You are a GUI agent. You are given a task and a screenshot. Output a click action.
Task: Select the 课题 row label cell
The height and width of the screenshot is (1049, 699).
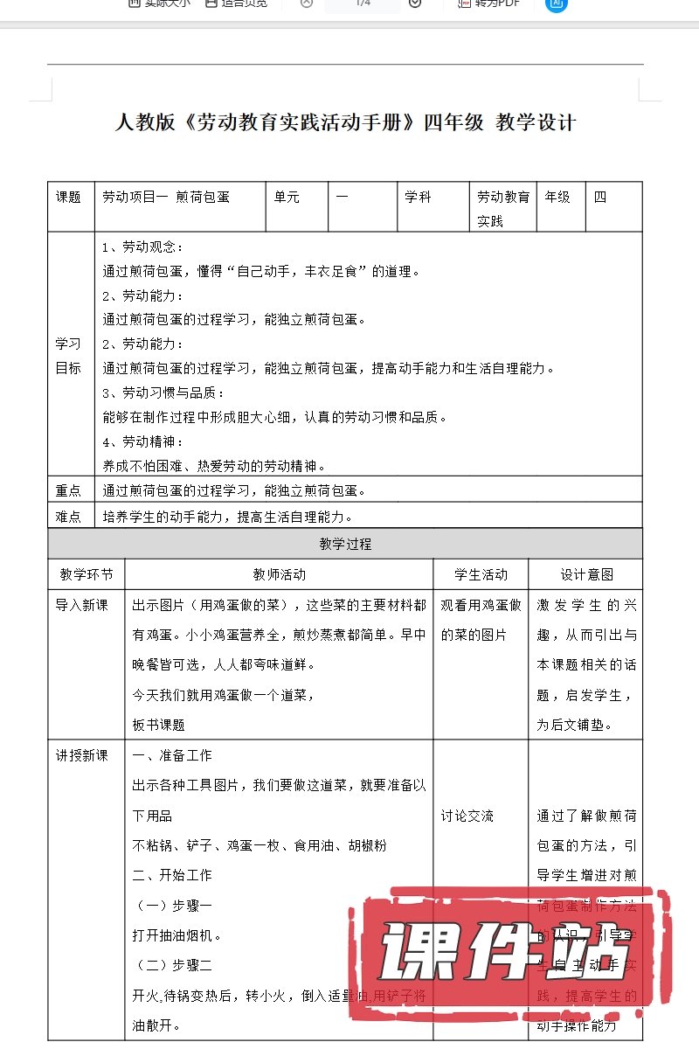pos(69,198)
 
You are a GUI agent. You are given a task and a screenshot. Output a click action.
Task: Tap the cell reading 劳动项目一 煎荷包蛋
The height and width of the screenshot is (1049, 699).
pos(165,198)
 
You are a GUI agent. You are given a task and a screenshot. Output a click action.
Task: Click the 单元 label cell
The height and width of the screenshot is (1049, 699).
pos(287,198)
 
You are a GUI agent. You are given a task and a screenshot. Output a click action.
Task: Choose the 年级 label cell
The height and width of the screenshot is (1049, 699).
pos(557,198)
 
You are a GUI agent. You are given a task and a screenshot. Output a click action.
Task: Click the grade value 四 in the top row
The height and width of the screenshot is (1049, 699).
pos(600,198)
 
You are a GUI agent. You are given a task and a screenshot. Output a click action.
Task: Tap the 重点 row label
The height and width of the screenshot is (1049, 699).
pos(69,490)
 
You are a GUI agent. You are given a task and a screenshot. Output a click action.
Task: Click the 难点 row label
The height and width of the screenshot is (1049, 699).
pos(69,517)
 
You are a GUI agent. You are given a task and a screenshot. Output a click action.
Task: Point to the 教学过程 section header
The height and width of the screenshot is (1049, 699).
pos(345,544)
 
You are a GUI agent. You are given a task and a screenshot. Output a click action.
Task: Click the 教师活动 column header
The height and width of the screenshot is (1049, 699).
pos(280,574)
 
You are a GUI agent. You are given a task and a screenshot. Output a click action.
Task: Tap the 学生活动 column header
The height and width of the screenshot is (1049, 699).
pos(481,574)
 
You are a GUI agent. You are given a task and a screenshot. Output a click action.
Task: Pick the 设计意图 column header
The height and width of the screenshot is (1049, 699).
pos(586,574)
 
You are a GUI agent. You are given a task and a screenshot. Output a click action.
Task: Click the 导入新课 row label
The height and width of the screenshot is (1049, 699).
pos(82,605)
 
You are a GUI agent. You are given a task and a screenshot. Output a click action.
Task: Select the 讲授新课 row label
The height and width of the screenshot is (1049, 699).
pos(82,755)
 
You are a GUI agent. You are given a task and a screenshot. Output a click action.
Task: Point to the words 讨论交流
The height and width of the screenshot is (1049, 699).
pos(467,816)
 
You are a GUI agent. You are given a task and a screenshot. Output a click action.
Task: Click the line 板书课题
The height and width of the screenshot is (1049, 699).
pos(158,725)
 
